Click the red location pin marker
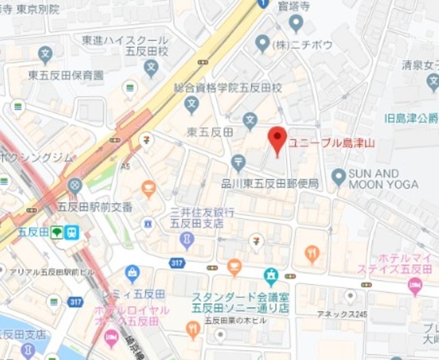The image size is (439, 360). [x=276, y=140]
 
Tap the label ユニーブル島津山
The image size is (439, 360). [x=331, y=144]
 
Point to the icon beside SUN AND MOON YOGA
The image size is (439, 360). [x=338, y=178]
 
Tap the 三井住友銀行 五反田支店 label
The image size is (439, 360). [x=202, y=218]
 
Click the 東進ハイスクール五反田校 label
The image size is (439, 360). [x=125, y=47]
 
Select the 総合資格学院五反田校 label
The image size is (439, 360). [x=227, y=88]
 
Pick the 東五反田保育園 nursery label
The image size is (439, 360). [x=66, y=75]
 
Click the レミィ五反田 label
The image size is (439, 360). [x=144, y=293]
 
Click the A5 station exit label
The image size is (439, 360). [x=126, y=166]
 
